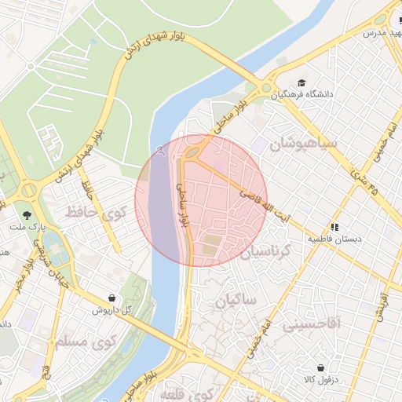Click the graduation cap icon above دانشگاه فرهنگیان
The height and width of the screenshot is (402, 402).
[x=302, y=82]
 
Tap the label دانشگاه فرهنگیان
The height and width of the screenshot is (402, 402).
[x=303, y=95]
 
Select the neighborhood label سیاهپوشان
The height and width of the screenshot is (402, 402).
[x=303, y=145]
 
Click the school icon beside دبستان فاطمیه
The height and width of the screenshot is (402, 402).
[x=334, y=226]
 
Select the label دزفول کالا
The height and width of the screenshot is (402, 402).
[x=320, y=380]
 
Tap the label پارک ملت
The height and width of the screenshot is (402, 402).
[x=22, y=227]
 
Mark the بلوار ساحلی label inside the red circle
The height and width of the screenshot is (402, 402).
[x=183, y=206]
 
